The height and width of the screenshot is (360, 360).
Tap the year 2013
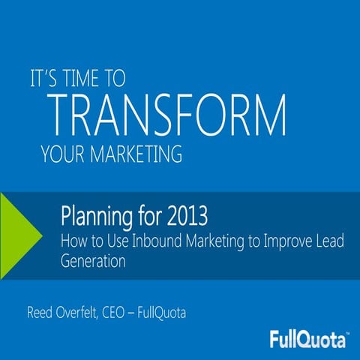pos(181,217)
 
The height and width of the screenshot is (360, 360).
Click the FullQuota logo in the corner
pos(308,339)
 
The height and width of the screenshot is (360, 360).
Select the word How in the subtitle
pos(72,241)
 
